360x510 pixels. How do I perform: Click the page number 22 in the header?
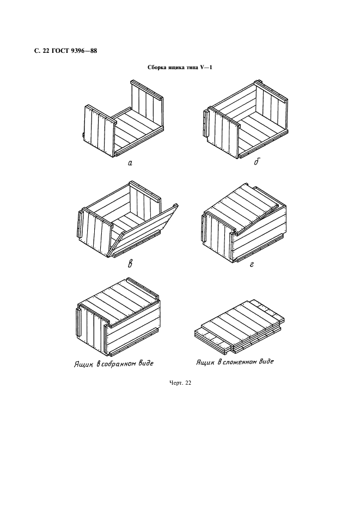[45, 51]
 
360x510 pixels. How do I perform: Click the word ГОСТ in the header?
[58, 51]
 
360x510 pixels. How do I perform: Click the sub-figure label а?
[130, 163]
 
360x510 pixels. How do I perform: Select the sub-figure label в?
[130, 264]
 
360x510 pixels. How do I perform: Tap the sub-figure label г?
[252, 265]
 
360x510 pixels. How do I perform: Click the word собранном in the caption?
[117, 363]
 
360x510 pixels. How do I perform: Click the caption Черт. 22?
[180, 383]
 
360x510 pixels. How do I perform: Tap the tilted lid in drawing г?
[242, 208]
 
